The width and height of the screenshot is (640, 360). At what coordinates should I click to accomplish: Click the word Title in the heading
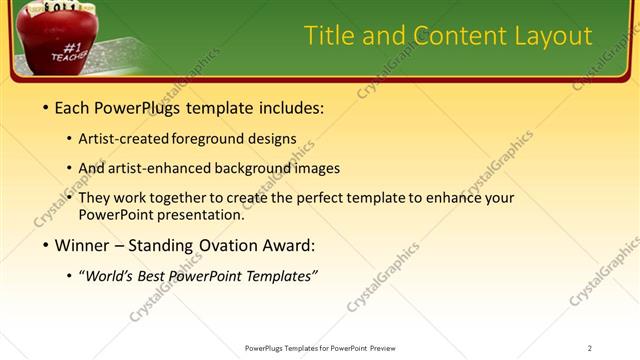(331, 37)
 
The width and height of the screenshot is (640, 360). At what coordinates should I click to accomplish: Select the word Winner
(85, 245)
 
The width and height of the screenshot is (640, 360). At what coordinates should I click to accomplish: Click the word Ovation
(219, 245)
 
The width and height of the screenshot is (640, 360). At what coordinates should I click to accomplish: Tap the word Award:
(287, 245)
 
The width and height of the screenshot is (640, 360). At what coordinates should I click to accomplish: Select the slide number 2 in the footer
(589, 348)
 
